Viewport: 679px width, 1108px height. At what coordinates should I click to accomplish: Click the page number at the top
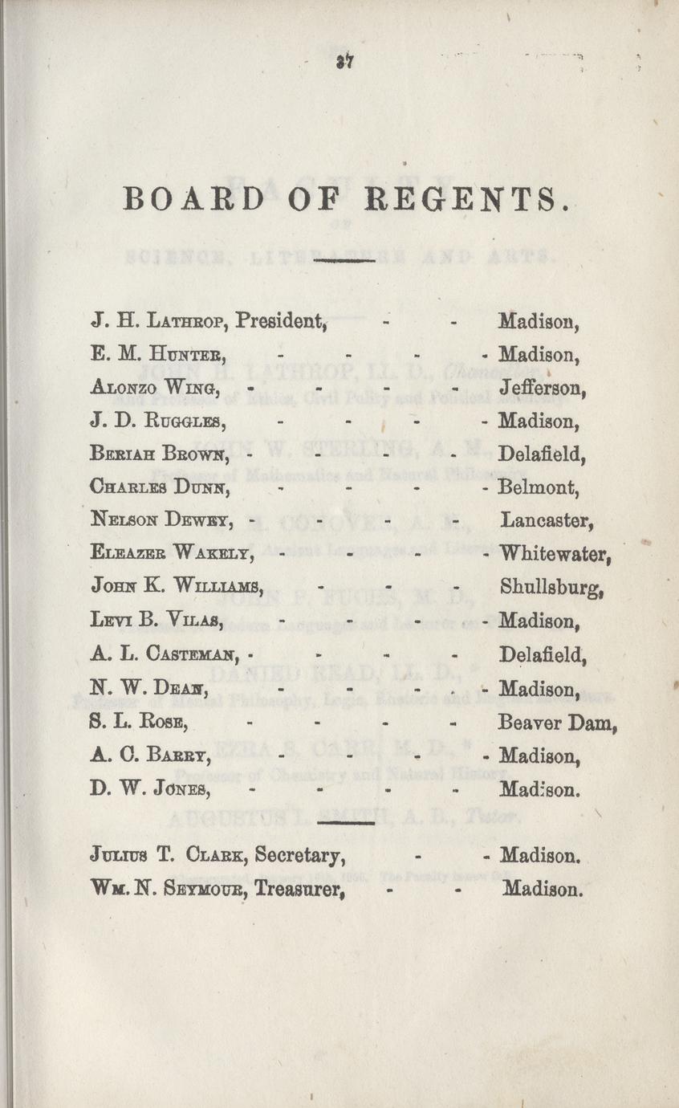coord(346,60)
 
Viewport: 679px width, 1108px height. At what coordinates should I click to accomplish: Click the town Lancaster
coord(547,521)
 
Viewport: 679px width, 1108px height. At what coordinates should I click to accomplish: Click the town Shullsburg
coord(551,587)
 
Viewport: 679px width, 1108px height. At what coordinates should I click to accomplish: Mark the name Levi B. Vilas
coord(157,621)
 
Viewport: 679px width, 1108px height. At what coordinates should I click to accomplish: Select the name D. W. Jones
coord(151,789)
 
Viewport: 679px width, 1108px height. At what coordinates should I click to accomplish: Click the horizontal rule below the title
coord(346,261)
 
